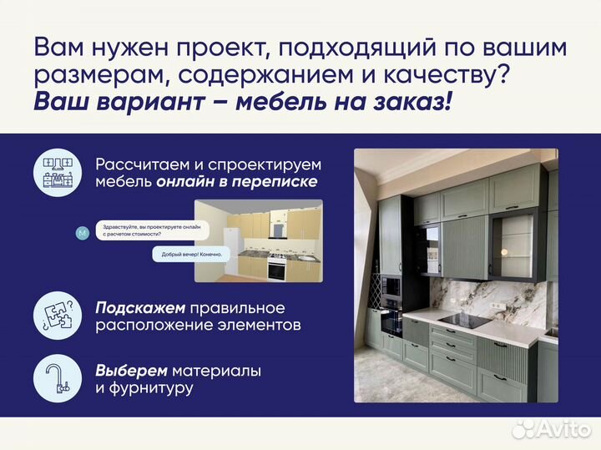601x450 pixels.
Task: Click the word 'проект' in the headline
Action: (x=240, y=48)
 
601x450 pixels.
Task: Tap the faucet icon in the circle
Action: (x=57, y=378)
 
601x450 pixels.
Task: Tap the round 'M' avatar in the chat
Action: (x=81, y=233)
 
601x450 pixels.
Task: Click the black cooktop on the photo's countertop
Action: (x=463, y=321)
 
